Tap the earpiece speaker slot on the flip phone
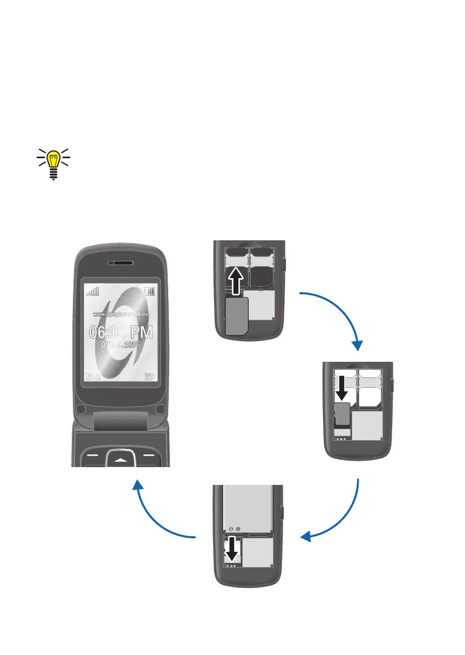(x=121, y=262)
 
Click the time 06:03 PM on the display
(x=121, y=332)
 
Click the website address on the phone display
(x=121, y=314)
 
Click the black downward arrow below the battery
(x=232, y=550)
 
